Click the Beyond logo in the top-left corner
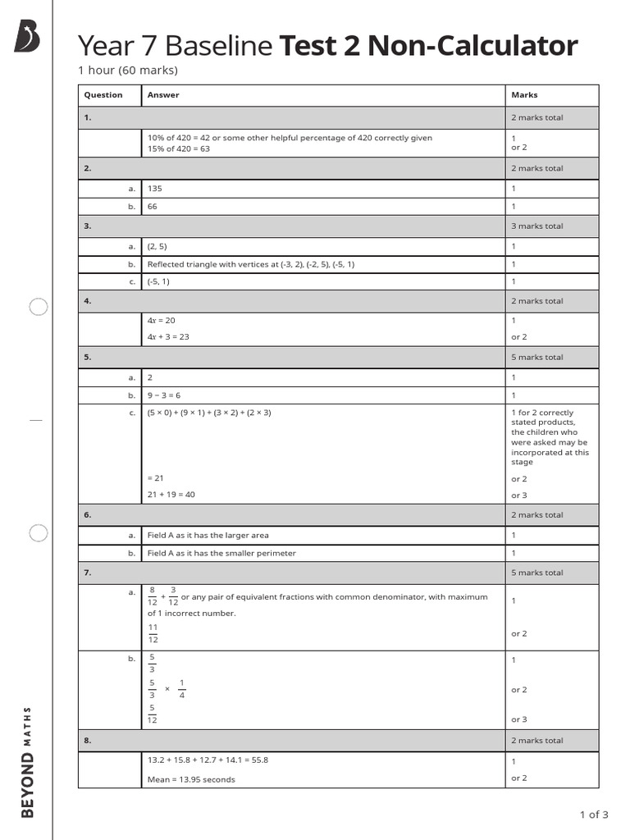(x=26, y=37)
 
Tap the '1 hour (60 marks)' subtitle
(x=127, y=71)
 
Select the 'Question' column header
(x=103, y=95)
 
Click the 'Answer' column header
(x=162, y=95)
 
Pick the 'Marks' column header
(x=524, y=95)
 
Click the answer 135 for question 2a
(x=155, y=189)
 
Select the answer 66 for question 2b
(x=153, y=207)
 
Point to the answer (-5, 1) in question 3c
(x=158, y=281)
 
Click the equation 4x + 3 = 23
(x=168, y=337)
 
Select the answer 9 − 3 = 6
(x=163, y=395)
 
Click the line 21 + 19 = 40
(x=171, y=495)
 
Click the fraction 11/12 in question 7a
(x=153, y=633)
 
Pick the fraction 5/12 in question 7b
(x=152, y=714)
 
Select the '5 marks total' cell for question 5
(x=537, y=358)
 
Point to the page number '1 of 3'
(x=593, y=815)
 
